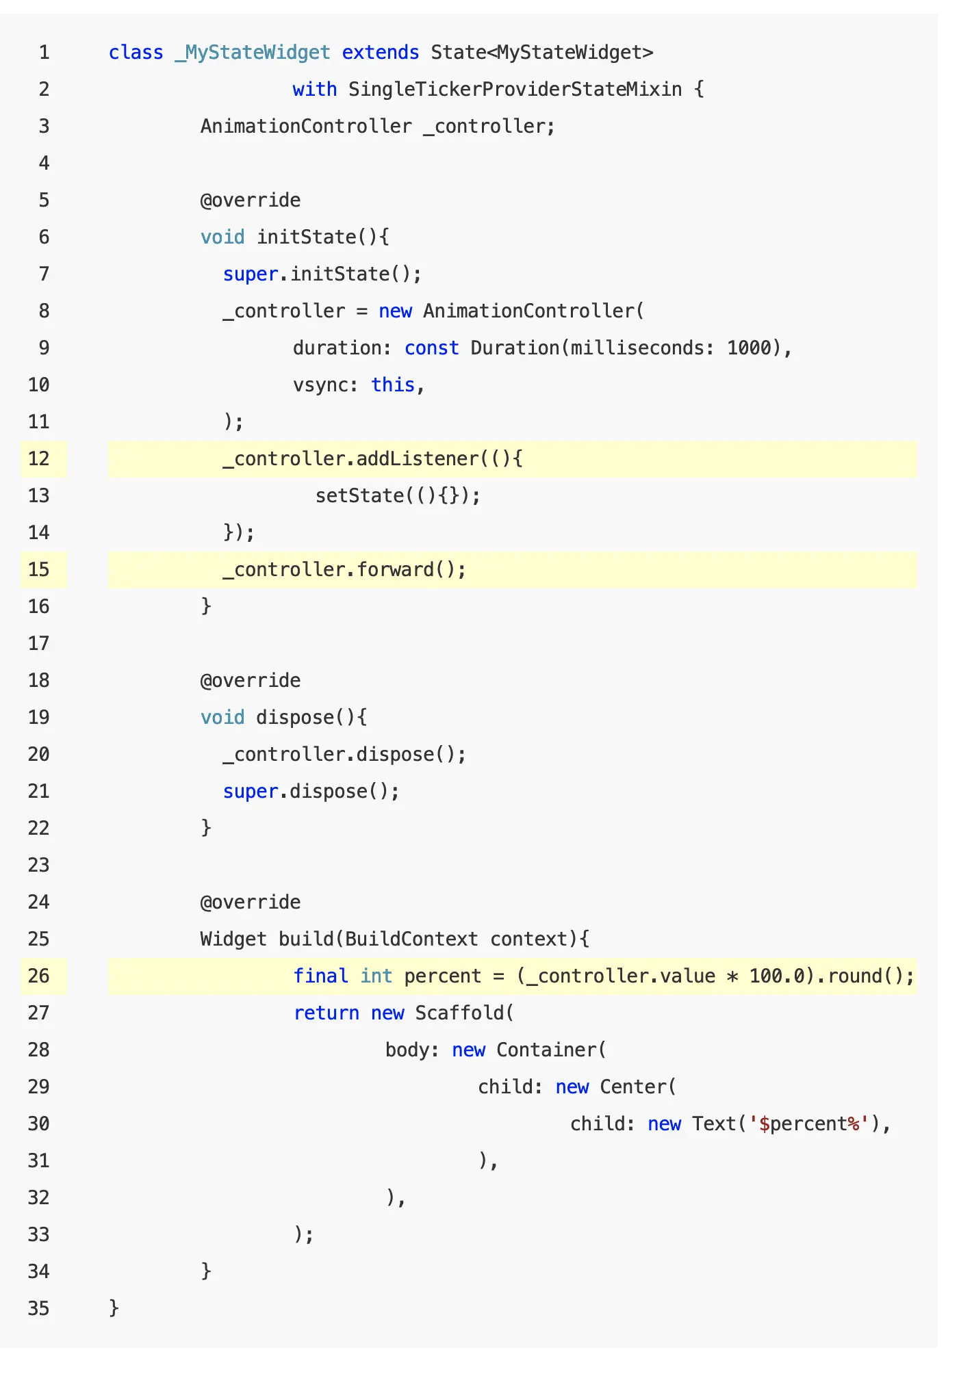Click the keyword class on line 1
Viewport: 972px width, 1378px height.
coord(136,53)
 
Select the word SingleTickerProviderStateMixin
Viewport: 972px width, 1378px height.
coord(515,90)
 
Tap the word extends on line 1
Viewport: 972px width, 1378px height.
coord(380,53)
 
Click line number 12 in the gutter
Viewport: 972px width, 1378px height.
coord(39,458)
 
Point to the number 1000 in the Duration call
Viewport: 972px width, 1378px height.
coord(749,348)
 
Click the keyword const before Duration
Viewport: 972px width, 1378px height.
coord(431,348)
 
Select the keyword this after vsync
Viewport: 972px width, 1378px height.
coord(393,385)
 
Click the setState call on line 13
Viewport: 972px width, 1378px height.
coord(360,495)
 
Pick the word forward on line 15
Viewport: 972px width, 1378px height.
coord(396,570)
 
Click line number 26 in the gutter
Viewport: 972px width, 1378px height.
coord(39,976)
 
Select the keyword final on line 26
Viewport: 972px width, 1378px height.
coord(320,976)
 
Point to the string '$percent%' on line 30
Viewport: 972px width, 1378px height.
coord(809,1123)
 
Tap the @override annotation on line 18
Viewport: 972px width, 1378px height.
coord(251,681)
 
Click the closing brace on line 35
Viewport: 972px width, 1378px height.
coord(114,1308)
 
